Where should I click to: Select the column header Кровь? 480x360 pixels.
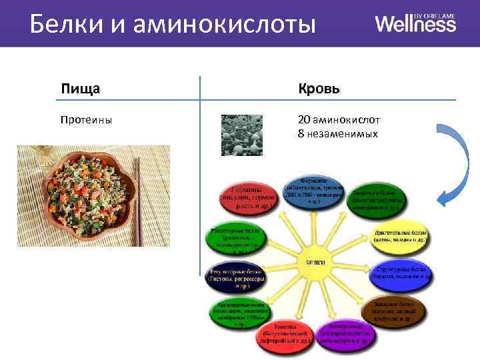(319, 89)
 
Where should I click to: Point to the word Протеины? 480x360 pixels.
(86, 120)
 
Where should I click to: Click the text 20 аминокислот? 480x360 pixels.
(339, 120)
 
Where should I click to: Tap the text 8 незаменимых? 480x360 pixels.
(337, 134)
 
